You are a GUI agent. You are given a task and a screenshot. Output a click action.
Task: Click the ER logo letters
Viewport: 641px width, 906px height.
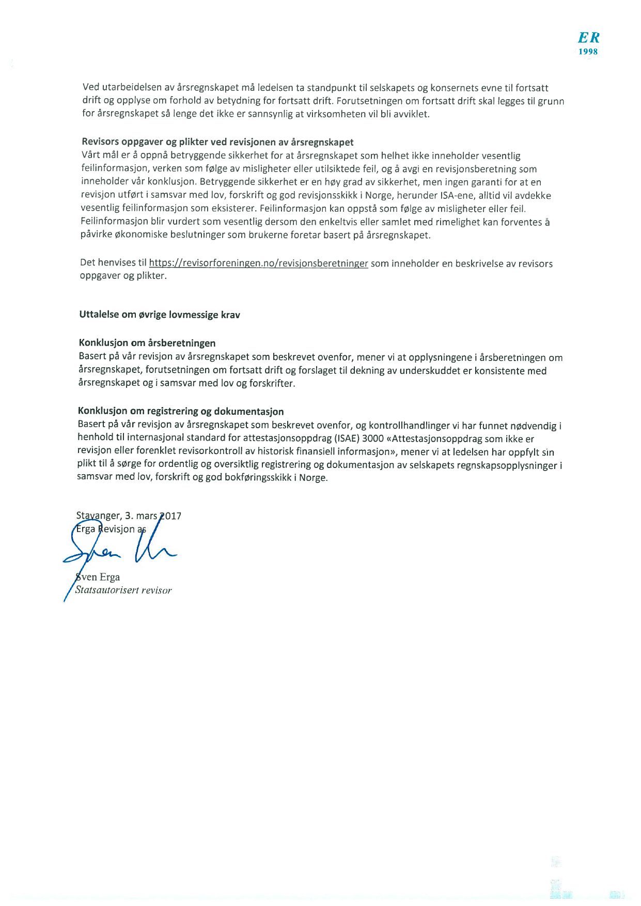(x=588, y=38)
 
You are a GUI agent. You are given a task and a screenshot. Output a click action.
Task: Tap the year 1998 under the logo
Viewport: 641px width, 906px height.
(x=588, y=52)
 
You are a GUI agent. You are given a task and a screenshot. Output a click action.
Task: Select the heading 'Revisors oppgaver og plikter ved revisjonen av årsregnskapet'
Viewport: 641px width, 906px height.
(x=217, y=142)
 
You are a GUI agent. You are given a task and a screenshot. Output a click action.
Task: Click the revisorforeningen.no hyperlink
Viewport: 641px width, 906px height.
(x=258, y=263)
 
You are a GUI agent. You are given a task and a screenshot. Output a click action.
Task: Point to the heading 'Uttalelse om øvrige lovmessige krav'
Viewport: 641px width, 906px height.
(x=160, y=315)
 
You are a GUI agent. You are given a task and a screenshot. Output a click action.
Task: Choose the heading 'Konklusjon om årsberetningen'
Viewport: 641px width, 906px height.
(x=147, y=343)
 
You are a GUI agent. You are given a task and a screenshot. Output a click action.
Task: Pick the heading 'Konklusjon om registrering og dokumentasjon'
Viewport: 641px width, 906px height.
(x=181, y=411)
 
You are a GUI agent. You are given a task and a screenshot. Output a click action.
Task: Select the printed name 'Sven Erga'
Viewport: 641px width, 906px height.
(x=98, y=577)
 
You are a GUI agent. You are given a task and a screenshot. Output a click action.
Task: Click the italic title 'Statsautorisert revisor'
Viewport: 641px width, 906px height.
(x=123, y=590)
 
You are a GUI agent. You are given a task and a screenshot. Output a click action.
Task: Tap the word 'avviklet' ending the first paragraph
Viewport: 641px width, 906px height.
(x=411, y=114)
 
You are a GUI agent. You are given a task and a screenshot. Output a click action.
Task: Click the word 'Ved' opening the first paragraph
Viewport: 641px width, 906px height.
(x=91, y=88)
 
